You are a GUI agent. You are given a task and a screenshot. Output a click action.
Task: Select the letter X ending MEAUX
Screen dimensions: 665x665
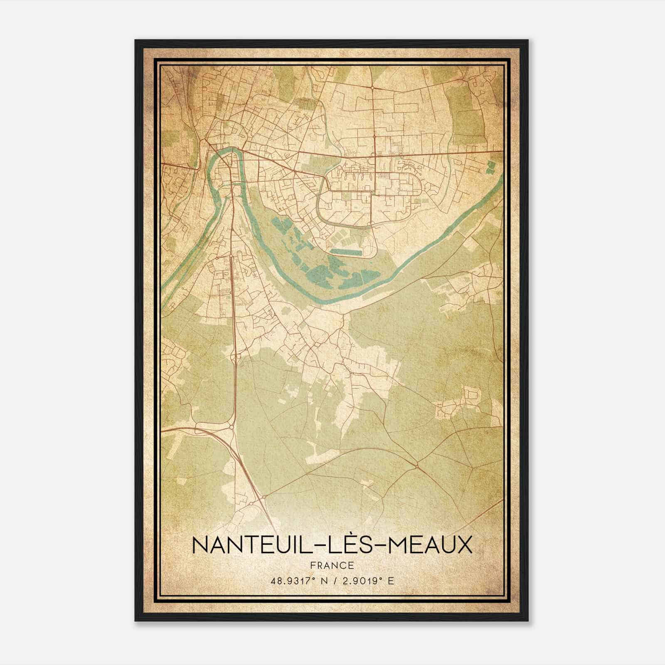point(465,545)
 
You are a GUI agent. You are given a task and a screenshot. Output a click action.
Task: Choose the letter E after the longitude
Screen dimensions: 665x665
point(390,581)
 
